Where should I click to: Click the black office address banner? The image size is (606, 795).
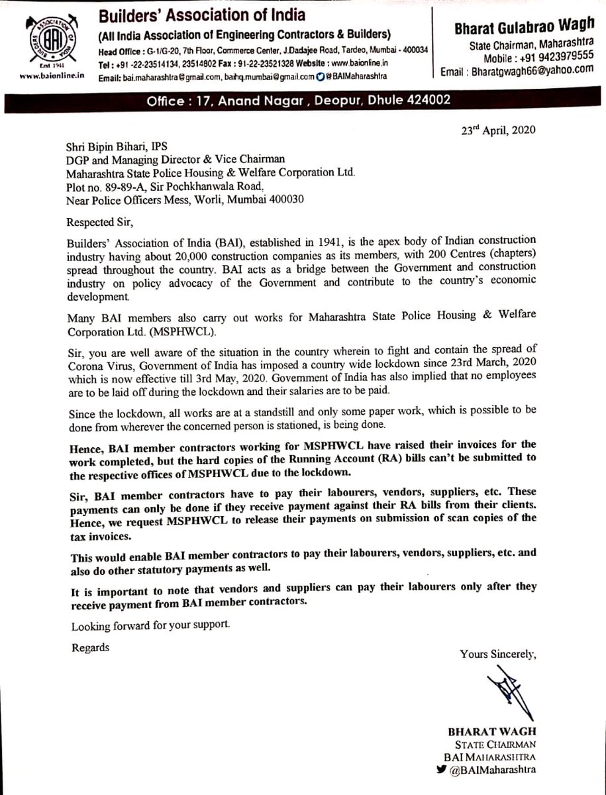coord(303,102)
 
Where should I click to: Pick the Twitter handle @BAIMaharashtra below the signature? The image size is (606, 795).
coord(501,770)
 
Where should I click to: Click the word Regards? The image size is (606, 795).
coord(91,647)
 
